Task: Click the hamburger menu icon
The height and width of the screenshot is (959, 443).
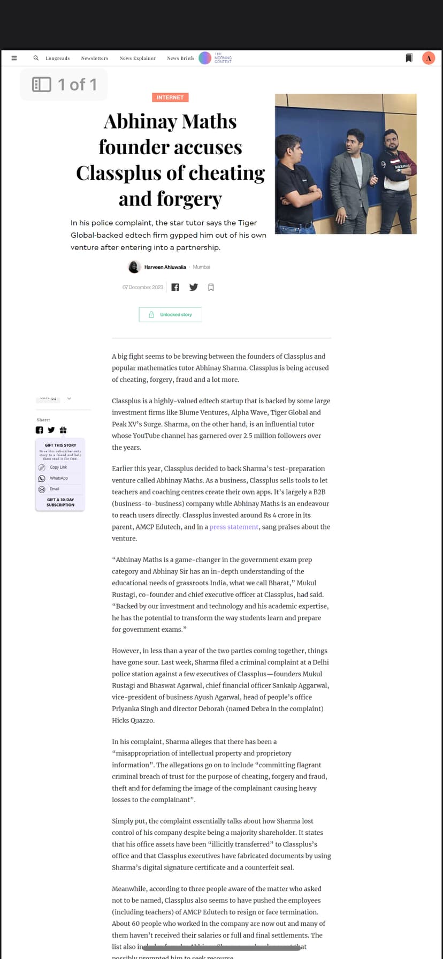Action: point(14,58)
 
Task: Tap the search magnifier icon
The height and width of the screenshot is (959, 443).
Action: point(36,58)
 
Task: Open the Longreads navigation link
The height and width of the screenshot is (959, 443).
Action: point(58,58)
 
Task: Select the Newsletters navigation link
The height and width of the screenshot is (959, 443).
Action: point(95,58)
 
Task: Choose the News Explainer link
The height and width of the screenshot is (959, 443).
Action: point(138,58)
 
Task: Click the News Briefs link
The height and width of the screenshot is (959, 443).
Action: point(180,58)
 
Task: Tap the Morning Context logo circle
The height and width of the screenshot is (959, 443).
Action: point(205,58)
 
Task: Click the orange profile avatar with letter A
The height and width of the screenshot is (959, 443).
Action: point(428,58)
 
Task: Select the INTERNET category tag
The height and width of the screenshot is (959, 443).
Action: point(170,97)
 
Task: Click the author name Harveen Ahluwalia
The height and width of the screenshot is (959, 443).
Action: point(165,267)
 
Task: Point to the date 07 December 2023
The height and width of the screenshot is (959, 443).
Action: point(143,288)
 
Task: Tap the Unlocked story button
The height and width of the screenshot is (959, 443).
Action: point(170,314)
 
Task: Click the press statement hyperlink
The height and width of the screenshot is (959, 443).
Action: point(234,527)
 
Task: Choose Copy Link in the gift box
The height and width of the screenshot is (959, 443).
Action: point(58,467)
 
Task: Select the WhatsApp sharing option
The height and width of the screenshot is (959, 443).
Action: point(58,478)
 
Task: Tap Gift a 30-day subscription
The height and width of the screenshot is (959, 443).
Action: point(60,502)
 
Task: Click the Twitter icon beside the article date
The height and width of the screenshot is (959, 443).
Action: point(194,288)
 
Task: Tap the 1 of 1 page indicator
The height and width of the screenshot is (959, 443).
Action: point(64,85)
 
